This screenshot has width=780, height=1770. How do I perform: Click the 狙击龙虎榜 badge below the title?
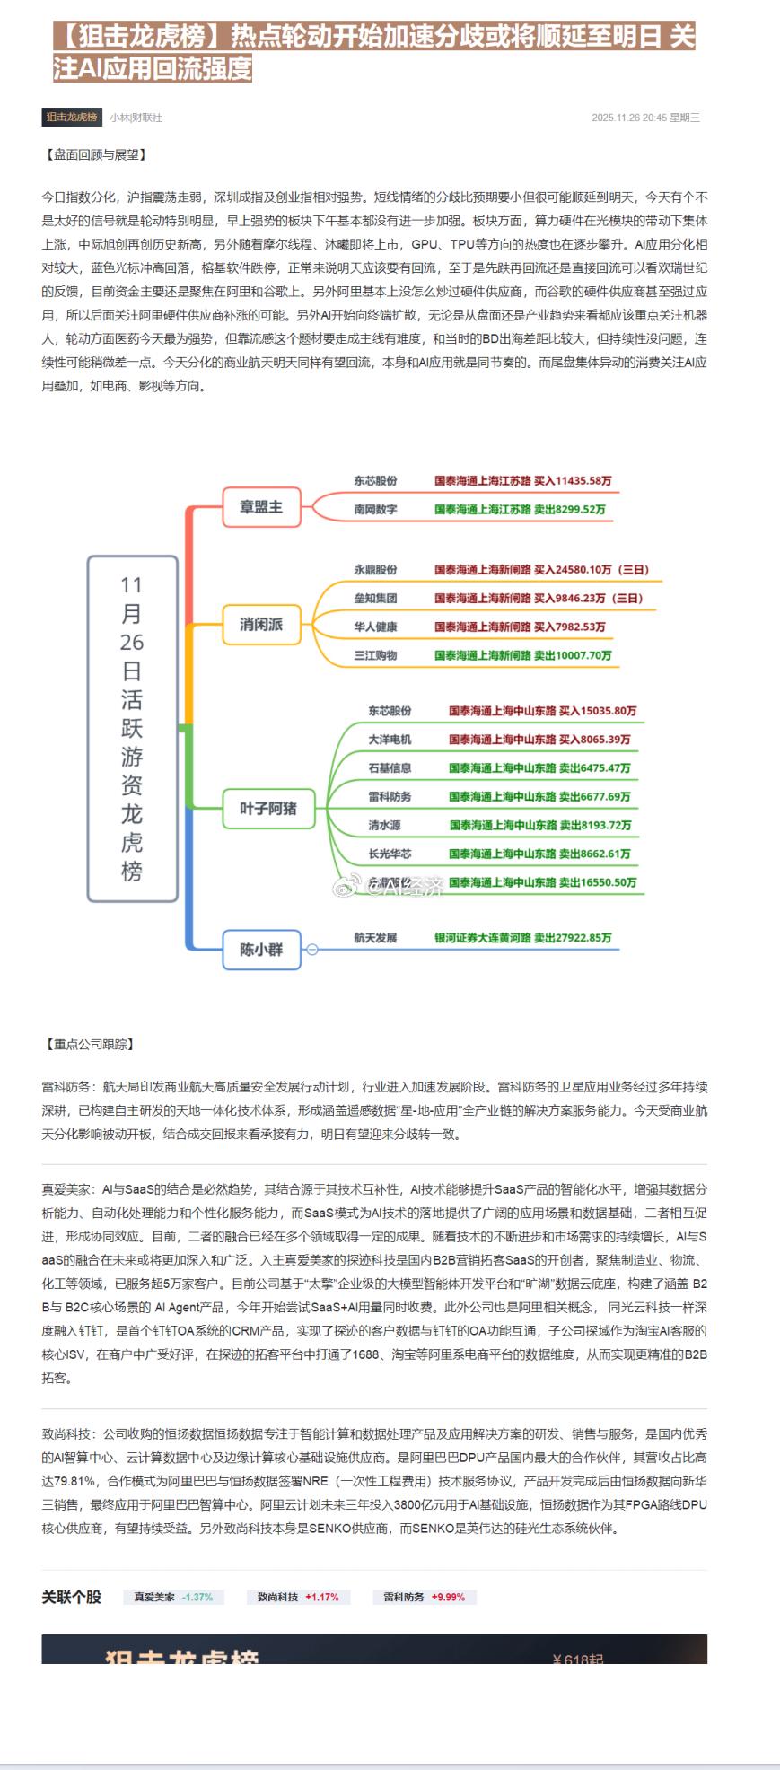[x=72, y=118]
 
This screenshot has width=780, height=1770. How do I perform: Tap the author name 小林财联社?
[x=136, y=118]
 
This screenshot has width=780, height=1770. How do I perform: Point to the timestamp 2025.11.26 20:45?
[x=628, y=118]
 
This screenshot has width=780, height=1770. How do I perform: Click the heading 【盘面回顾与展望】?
[x=94, y=155]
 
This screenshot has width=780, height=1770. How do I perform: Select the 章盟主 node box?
[x=261, y=507]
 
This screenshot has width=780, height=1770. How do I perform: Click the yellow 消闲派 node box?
[x=261, y=625]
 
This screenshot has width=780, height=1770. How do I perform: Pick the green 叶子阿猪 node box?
[x=267, y=809]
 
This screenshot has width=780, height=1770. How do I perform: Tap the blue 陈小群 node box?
[x=261, y=950]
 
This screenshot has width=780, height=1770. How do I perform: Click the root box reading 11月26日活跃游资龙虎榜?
[x=132, y=728]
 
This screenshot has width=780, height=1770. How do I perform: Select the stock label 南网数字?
[x=375, y=510]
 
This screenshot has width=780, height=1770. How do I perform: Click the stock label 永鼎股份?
[x=375, y=570]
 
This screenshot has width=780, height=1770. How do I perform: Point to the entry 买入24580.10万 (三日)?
[x=592, y=570]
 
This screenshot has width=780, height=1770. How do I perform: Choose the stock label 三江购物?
[x=375, y=656]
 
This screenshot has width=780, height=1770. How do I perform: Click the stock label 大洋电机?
[x=390, y=740]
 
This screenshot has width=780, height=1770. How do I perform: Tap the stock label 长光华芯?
[x=390, y=854]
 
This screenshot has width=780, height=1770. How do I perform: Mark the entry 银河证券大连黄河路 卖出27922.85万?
[x=523, y=938]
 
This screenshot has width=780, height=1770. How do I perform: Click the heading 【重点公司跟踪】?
[x=90, y=1045]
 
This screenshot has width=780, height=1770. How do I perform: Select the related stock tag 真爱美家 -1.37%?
[x=173, y=1598]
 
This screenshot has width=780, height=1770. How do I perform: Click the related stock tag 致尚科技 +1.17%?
[x=298, y=1598]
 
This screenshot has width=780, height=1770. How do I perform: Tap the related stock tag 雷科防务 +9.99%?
[x=425, y=1598]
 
